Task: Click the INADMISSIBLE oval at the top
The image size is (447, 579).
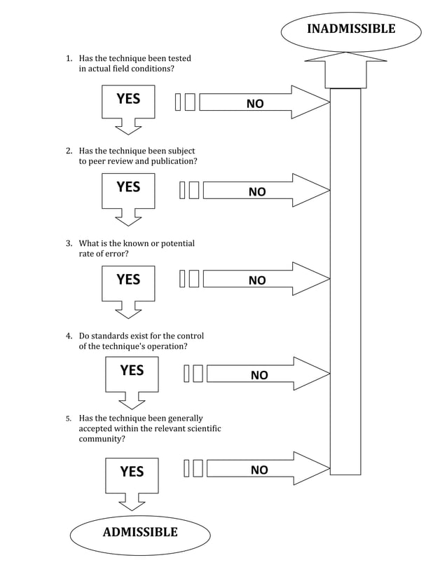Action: pos(350,29)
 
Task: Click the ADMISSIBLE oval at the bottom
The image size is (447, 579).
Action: pos(140,533)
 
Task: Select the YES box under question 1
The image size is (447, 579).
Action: pos(128,102)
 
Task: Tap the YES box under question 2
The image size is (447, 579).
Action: pos(128,190)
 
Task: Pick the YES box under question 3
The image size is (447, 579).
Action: pos(128,282)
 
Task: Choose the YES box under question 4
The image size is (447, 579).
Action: pos(132,374)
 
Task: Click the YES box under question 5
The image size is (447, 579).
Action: pos(132,475)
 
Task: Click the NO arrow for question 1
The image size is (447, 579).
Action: pos(263,103)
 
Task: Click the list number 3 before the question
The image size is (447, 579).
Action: pos(69,244)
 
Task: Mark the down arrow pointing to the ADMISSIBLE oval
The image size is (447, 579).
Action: pos(132,502)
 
